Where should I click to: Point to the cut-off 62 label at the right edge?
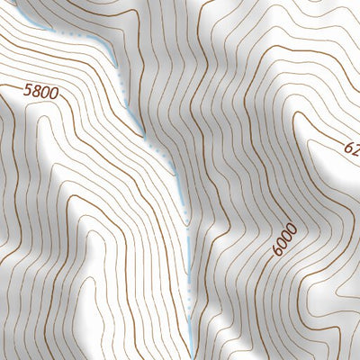coord(351,145)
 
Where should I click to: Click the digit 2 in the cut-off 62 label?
coord(355,148)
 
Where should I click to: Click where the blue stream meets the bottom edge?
coord(191,358)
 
